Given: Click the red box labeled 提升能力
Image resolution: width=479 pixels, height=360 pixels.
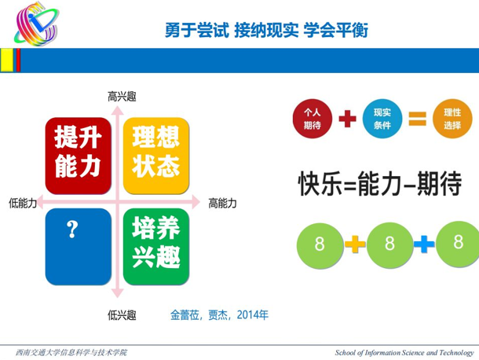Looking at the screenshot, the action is point(79,156).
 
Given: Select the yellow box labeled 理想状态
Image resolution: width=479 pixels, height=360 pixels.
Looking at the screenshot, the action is point(156,156).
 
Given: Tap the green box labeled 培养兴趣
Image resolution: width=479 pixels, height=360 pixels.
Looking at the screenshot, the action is point(156,247).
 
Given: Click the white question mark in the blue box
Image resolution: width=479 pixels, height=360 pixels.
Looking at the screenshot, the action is point(72,229).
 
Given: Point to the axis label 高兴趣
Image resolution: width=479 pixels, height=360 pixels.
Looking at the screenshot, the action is point(122,97).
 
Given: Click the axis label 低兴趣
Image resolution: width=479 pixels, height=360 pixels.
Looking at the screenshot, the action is point(122,314).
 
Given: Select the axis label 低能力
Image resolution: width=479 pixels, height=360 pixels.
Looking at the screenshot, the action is point(23,203).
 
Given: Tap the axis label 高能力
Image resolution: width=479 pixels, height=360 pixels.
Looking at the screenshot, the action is point(222,203).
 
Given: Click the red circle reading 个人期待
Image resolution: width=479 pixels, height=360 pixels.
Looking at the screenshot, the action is point(313,119).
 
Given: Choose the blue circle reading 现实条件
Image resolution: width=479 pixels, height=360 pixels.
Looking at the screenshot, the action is point(382,119).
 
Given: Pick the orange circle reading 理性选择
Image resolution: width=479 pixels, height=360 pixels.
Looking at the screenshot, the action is point(452,119).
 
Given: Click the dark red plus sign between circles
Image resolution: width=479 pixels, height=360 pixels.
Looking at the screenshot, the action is point(348,119).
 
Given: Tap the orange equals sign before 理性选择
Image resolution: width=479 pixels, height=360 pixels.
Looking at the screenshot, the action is point(418,119).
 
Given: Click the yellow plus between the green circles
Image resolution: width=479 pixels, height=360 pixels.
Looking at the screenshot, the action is point(355,244).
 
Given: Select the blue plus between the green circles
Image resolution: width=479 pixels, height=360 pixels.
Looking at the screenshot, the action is point(424,244).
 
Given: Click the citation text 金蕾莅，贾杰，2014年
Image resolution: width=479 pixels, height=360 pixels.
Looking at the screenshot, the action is point(219,314).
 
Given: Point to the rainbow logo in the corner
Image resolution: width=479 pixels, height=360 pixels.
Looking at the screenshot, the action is point(37,24).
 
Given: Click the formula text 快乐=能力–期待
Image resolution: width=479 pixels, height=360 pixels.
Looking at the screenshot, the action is point(380,183).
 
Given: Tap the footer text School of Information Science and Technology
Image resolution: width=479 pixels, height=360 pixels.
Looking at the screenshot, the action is point(404,353).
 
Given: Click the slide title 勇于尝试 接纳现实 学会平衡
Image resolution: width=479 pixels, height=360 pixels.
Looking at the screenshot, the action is point(266,30).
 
